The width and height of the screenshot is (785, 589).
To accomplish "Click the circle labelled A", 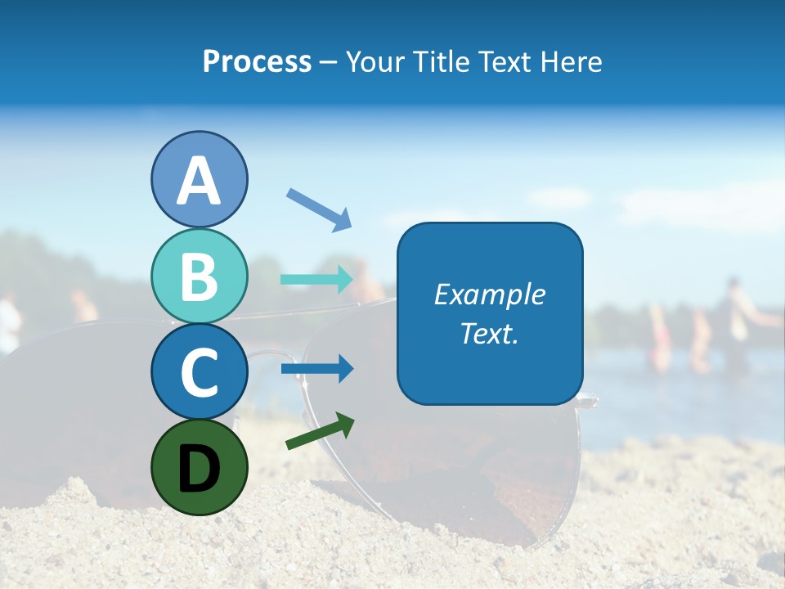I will click(200, 179).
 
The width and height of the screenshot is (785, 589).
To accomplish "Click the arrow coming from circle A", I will click(319, 209).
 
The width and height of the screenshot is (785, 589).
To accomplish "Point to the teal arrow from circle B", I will click(317, 280).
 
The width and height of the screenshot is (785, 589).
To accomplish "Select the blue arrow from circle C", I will click(317, 369).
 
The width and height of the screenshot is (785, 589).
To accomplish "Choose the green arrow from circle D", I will click(320, 430).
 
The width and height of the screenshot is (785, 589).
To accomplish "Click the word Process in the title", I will click(257, 62).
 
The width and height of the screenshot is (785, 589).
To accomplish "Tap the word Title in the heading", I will click(440, 62).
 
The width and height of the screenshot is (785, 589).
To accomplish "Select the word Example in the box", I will click(490, 294).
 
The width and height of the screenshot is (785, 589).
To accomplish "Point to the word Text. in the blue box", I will click(490, 333).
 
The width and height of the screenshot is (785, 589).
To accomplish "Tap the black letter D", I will click(200, 469).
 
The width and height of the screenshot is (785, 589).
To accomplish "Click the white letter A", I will click(200, 182).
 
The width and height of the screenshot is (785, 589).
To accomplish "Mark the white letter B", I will click(200, 277).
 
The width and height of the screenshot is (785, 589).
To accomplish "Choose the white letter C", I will click(200, 372).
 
